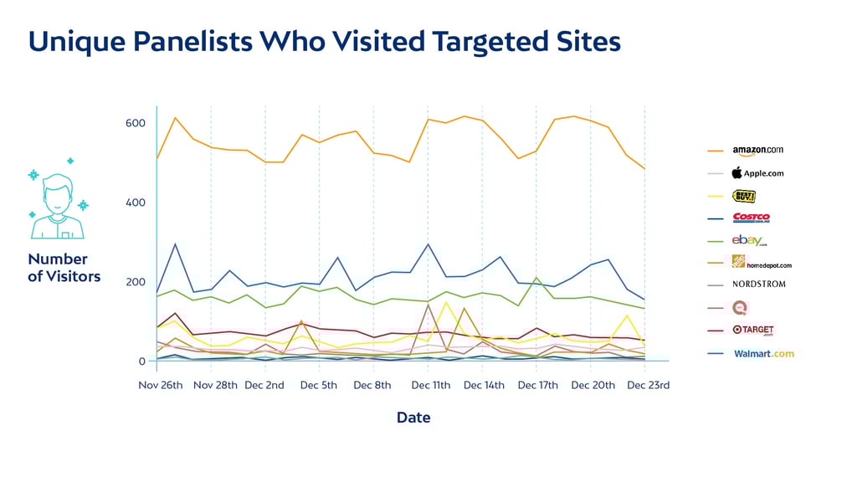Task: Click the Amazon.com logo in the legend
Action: [x=758, y=151]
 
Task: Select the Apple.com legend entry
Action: [x=757, y=173]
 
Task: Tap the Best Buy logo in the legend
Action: [x=744, y=196]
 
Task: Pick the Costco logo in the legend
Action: [x=751, y=218]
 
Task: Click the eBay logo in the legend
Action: [x=750, y=241]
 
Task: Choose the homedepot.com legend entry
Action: [x=761, y=263]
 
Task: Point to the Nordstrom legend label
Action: [x=758, y=285]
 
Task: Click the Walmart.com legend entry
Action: [x=763, y=353]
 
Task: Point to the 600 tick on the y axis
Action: [x=135, y=124]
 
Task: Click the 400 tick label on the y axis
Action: [x=135, y=203]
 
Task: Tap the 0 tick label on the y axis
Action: [x=141, y=361]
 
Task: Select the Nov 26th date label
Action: [x=161, y=386]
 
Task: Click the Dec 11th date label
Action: [x=431, y=386]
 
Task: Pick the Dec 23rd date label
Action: [x=648, y=386]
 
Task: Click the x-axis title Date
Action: [x=413, y=417]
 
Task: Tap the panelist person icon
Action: [x=58, y=204]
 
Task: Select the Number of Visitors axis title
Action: [x=64, y=268]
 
